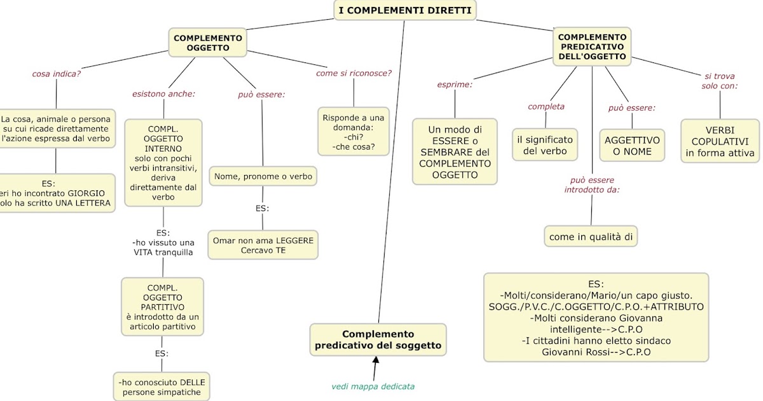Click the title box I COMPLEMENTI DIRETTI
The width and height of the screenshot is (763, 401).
tap(404, 10)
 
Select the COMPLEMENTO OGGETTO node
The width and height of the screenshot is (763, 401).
tap(208, 43)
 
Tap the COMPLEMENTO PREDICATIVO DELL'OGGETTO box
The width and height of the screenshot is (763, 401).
tap(592, 47)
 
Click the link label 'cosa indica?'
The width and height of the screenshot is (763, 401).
tap(57, 73)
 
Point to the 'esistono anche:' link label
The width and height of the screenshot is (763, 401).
tap(163, 94)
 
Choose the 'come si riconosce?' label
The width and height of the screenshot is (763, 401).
tap(354, 73)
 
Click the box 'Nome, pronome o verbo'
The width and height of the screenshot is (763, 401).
tap(263, 176)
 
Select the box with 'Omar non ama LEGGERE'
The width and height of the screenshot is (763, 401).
tap(263, 245)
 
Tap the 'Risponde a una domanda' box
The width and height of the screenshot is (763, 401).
tap(354, 132)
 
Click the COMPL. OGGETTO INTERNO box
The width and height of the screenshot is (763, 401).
tap(163, 163)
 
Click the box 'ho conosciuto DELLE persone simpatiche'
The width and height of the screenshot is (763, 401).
tap(162, 387)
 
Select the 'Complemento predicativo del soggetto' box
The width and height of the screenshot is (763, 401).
tap(378, 340)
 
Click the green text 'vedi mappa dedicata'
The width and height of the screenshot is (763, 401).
tap(373, 386)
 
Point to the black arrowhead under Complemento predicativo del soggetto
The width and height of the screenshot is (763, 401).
tap(376, 361)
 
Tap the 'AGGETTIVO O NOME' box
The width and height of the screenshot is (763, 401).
tap(632, 146)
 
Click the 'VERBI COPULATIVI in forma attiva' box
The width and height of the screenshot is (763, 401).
tap(720, 141)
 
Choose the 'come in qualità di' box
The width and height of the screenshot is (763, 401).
tap(591, 237)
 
